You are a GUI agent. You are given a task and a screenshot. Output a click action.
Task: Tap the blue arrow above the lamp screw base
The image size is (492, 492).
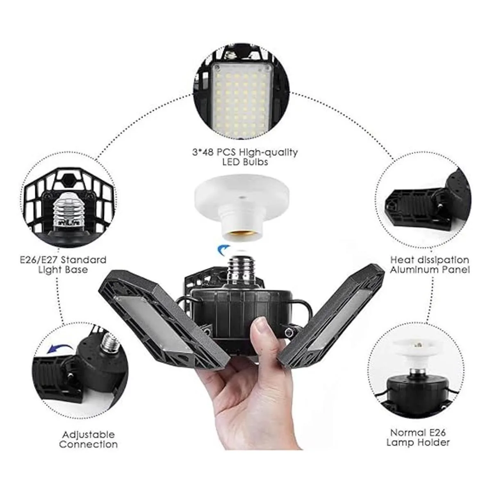pos(223,248)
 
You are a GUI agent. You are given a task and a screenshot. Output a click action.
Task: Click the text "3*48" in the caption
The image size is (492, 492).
pos(201,153)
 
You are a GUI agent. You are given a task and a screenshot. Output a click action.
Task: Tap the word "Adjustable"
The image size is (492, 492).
pos(89,435)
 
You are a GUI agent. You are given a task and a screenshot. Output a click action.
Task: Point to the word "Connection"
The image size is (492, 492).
pos(89,444)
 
